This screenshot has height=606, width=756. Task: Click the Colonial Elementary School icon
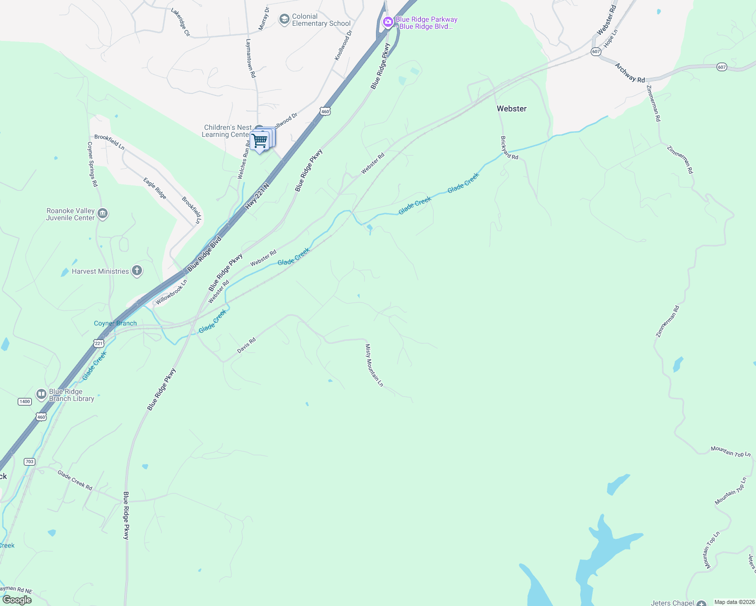pos(284,20)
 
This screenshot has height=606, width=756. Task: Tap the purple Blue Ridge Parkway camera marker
pos(388,21)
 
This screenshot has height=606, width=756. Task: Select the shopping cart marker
pos(259,140)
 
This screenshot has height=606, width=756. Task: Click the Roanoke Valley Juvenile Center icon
pos(103,214)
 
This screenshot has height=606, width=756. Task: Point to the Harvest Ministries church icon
pos(136,271)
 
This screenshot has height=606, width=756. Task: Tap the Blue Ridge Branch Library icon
pos(41,394)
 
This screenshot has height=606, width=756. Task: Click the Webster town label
pos(511,109)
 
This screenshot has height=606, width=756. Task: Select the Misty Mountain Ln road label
pos(374,365)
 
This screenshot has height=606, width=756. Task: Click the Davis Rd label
pos(247,345)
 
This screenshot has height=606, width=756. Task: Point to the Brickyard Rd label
pos(509,147)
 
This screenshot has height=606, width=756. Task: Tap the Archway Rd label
pos(630,73)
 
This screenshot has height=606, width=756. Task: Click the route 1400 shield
pos(25,401)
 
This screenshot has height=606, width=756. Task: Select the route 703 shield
pos(29,462)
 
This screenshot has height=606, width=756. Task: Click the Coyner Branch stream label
pos(115,323)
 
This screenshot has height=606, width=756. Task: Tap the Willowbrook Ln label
pos(171,292)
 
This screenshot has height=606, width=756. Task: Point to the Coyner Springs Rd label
pos(92,164)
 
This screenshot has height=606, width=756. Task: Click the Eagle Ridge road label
pos(155,188)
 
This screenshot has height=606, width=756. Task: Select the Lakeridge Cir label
pos(180,22)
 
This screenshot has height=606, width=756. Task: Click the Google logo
pos(17,600)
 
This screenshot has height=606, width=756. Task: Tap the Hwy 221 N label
pos(258,196)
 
